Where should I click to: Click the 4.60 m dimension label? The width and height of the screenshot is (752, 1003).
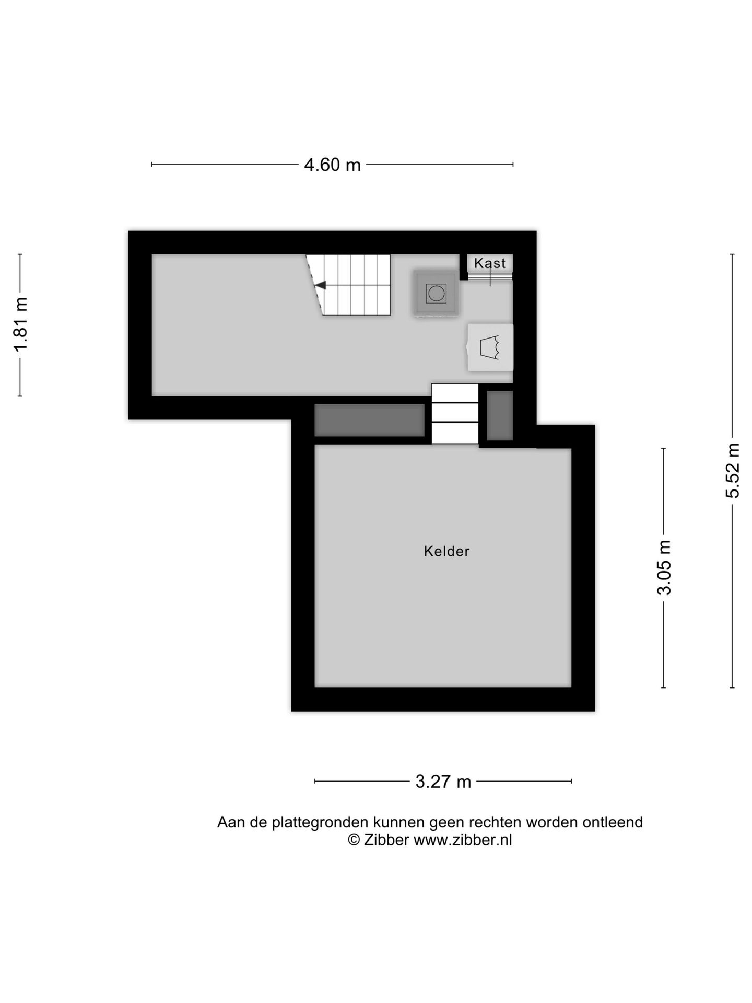point(333,165)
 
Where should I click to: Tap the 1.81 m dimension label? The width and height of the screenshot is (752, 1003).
point(21,324)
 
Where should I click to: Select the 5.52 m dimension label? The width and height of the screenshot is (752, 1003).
point(733,470)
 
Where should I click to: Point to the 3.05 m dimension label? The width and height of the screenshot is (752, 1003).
point(664,567)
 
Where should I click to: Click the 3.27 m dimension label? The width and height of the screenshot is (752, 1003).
point(443,782)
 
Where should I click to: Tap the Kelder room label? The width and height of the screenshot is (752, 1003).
point(446,551)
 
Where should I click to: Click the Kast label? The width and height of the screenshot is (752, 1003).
point(490,263)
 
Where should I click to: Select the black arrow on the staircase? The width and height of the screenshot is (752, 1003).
point(320,285)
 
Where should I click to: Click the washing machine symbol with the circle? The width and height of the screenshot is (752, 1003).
point(436,293)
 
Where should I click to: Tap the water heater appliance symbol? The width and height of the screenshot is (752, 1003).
point(490,347)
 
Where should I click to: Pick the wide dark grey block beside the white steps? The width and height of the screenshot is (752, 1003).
point(369,420)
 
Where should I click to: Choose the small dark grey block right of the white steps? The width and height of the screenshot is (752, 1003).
point(500,416)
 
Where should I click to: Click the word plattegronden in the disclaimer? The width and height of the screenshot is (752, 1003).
point(318,822)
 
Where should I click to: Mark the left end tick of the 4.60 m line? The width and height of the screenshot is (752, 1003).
point(152,165)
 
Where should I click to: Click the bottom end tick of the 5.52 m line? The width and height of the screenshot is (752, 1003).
point(732,687)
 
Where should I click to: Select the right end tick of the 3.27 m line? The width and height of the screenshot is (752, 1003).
point(571,782)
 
